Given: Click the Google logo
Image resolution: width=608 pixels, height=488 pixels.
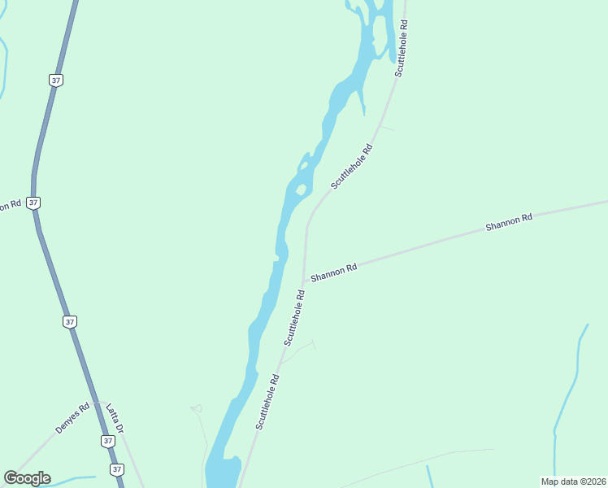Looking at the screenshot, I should pos(27,478).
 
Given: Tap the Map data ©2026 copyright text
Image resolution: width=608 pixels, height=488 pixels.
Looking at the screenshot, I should pos(572,481).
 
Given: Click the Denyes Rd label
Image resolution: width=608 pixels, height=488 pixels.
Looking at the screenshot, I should pos(72,418).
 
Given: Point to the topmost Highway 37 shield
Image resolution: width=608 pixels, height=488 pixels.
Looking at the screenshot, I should pos(55,81).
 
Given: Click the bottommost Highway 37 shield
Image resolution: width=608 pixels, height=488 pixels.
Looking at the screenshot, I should pos(117,470).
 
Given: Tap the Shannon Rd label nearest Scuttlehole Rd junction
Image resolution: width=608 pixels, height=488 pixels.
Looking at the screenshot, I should pos(333,272).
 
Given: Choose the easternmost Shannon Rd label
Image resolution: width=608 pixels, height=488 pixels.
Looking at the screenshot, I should pos(508,221).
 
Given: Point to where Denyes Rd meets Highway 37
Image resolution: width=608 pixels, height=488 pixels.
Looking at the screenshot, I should pos(96,403).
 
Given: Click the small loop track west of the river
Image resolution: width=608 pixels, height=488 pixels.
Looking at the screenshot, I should pos(197,408).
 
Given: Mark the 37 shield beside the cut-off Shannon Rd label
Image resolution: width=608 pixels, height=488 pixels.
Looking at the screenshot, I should pos(33,203).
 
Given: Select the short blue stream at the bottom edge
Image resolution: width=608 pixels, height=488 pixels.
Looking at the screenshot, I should pos(428,475).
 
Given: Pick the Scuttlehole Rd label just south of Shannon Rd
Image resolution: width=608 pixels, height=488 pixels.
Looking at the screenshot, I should pos(293,318).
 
